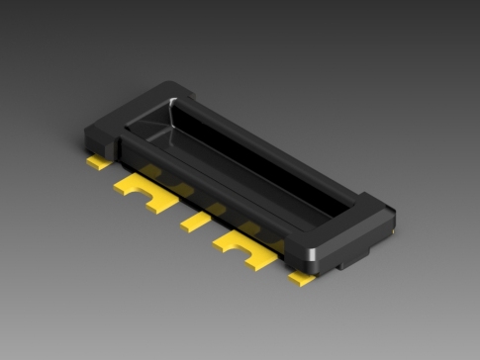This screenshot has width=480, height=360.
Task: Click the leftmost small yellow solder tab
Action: (x=97, y=161)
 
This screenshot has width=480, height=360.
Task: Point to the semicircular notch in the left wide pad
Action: (x=152, y=206)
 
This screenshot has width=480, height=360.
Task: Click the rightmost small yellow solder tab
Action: (x=302, y=280)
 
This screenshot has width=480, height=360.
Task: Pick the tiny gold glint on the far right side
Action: (x=393, y=232)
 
